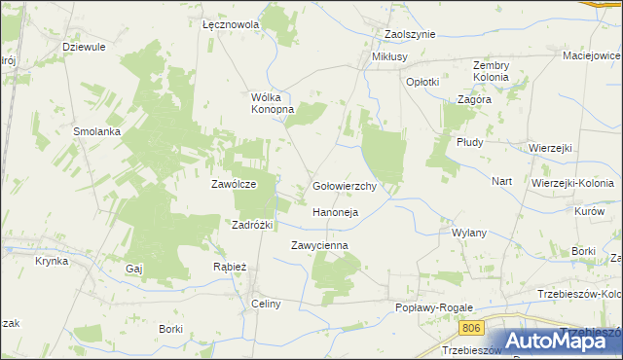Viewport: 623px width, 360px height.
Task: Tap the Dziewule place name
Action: [x=84, y=46]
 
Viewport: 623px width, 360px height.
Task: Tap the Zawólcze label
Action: [x=234, y=183]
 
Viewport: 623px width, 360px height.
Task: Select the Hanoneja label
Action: [x=336, y=211]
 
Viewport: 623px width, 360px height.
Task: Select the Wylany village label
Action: [x=469, y=234]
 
